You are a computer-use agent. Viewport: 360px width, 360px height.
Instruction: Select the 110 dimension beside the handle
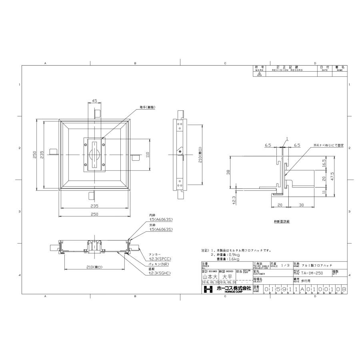click(x=147, y=154)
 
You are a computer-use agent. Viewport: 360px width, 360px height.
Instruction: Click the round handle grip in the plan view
click(x=94, y=155)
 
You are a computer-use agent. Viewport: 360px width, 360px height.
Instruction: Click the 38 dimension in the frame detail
click(x=228, y=172)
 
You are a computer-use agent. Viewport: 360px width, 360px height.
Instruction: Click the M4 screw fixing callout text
click(x=328, y=146)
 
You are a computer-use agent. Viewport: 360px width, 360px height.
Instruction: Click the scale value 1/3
click(x=284, y=265)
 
